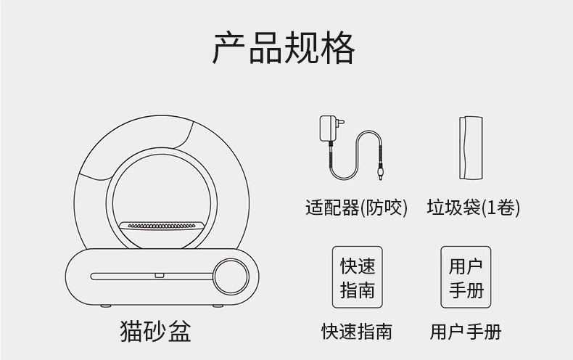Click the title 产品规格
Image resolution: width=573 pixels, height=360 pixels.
click(x=284, y=48)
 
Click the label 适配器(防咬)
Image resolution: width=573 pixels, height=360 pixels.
click(x=356, y=208)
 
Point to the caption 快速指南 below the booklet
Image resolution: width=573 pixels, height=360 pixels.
click(x=357, y=332)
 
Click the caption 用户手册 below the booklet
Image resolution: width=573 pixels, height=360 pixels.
click(x=465, y=332)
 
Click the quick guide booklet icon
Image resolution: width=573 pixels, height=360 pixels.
click(x=358, y=277)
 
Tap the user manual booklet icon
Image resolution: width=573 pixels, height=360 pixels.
click(x=465, y=277)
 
